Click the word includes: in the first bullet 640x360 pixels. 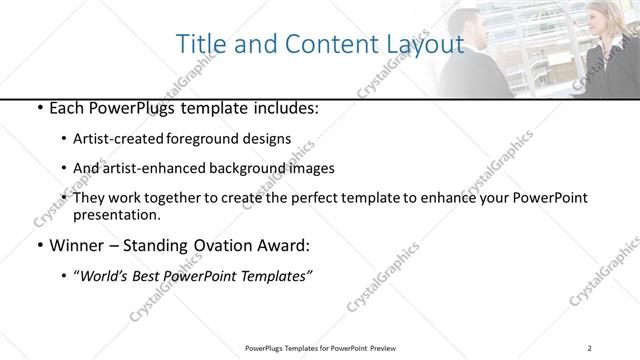[282, 109]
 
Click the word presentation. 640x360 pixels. [117, 214]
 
